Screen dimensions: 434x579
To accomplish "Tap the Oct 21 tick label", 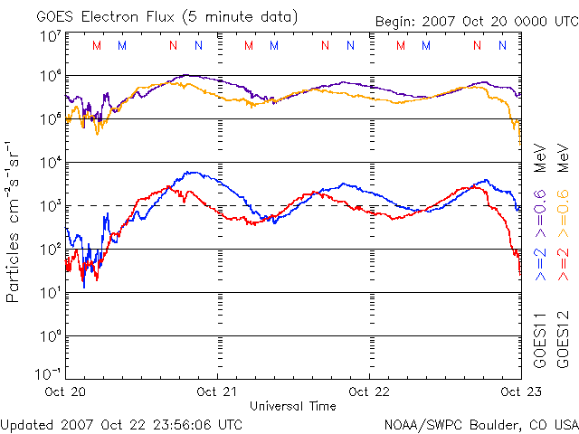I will click(218, 392).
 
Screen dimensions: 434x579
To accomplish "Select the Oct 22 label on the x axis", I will click(370, 392).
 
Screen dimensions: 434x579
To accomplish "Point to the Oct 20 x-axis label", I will click(65, 392).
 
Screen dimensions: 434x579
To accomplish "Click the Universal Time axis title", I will click(293, 406).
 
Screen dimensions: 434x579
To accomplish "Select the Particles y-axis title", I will click(14, 221).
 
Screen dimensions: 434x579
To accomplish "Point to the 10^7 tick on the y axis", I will click(50, 37).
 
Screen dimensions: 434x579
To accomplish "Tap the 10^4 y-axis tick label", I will click(50, 163).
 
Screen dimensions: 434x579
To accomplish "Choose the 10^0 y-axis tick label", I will click(50, 336).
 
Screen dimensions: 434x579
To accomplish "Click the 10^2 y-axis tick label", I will click(50, 250).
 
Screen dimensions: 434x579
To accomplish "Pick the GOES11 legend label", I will click(540, 340).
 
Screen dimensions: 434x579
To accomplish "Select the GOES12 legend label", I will click(562, 340).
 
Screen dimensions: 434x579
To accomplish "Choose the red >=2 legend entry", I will click(562, 262).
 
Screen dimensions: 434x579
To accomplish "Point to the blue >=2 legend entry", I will click(540, 262).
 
